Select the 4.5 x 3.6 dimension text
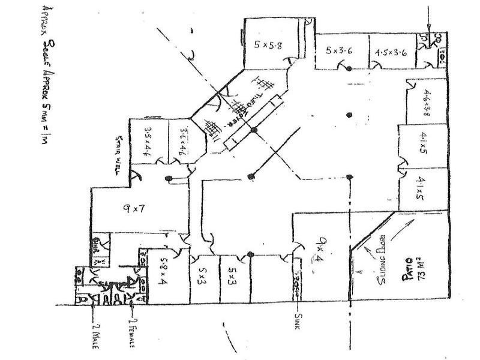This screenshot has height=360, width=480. click(391, 52)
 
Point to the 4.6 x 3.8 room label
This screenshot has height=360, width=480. click(427, 102)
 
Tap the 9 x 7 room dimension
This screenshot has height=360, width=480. click(133, 210)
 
